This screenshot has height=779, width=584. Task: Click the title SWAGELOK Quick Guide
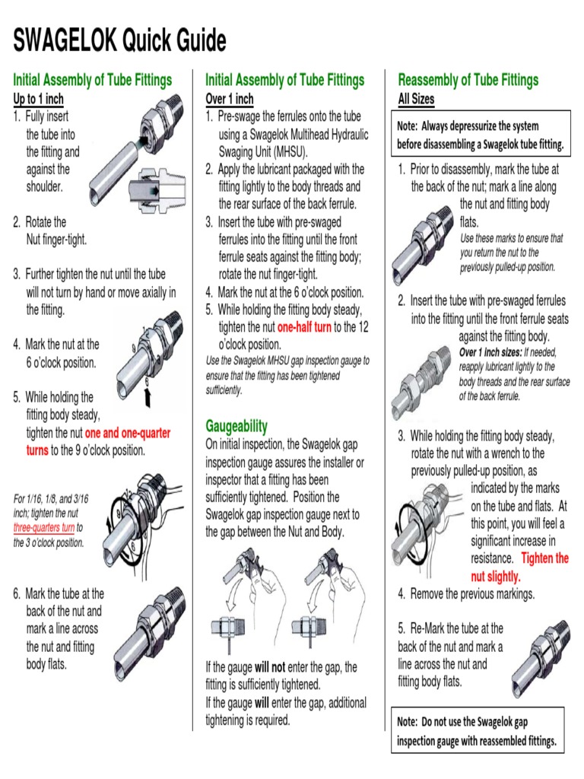point(119,40)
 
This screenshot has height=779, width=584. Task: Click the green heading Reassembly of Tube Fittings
point(468,80)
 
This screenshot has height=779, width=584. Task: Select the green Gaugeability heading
point(236,426)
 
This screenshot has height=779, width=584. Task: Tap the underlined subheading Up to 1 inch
point(39,99)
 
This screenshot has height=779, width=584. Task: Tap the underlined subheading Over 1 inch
point(230,99)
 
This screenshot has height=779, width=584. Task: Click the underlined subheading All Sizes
point(416,99)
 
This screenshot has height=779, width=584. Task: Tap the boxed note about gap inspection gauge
point(478,730)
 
